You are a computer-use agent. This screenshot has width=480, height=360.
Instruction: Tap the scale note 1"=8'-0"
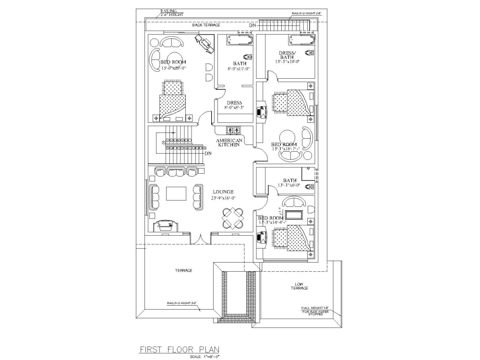tap(204, 356)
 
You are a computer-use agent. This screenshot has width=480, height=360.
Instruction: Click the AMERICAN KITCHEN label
tap(229, 143)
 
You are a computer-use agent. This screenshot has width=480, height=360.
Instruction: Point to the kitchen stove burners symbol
tap(233, 130)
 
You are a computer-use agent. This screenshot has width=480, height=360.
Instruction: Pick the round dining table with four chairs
tap(233, 218)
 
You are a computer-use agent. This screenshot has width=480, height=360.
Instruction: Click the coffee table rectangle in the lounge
tap(176, 193)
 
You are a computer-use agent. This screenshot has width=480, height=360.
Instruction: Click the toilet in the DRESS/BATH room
tap(310, 52)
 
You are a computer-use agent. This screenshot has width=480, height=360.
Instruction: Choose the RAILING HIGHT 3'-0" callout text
tap(181, 303)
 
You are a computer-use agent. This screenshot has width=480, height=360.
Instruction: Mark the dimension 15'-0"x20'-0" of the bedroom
tap(173, 69)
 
